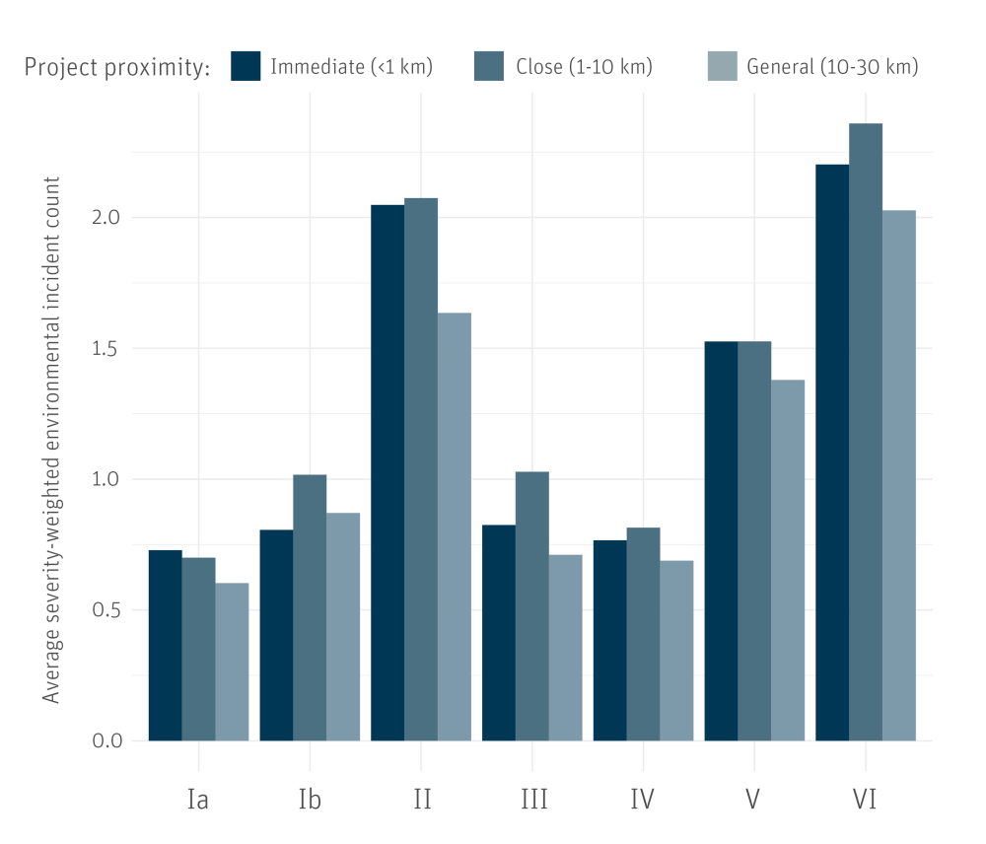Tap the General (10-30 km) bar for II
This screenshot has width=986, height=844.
pyautogui.click(x=455, y=527)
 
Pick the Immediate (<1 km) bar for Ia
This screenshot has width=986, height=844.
pyautogui.click(x=165, y=645)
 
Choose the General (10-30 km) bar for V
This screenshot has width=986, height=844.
pyautogui.click(x=788, y=560)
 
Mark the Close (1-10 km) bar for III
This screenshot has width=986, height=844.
pyautogui.click(x=532, y=605)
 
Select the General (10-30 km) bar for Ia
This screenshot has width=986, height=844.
pyautogui.click(x=232, y=662)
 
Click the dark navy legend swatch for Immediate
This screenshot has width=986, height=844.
pyautogui.click(x=246, y=66)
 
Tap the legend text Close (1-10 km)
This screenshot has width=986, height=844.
pyautogui.click(x=584, y=67)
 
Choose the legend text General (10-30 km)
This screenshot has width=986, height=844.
pyautogui.click(x=832, y=67)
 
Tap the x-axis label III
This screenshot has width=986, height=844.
pyautogui.click(x=533, y=799)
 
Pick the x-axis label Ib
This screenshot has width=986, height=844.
pyautogui.click(x=310, y=799)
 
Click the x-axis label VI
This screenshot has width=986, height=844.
pyautogui.click(x=865, y=799)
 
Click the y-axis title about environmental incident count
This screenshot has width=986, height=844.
pyautogui.click(x=52, y=440)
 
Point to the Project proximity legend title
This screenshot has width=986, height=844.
pyautogui.click(x=117, y=67)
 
